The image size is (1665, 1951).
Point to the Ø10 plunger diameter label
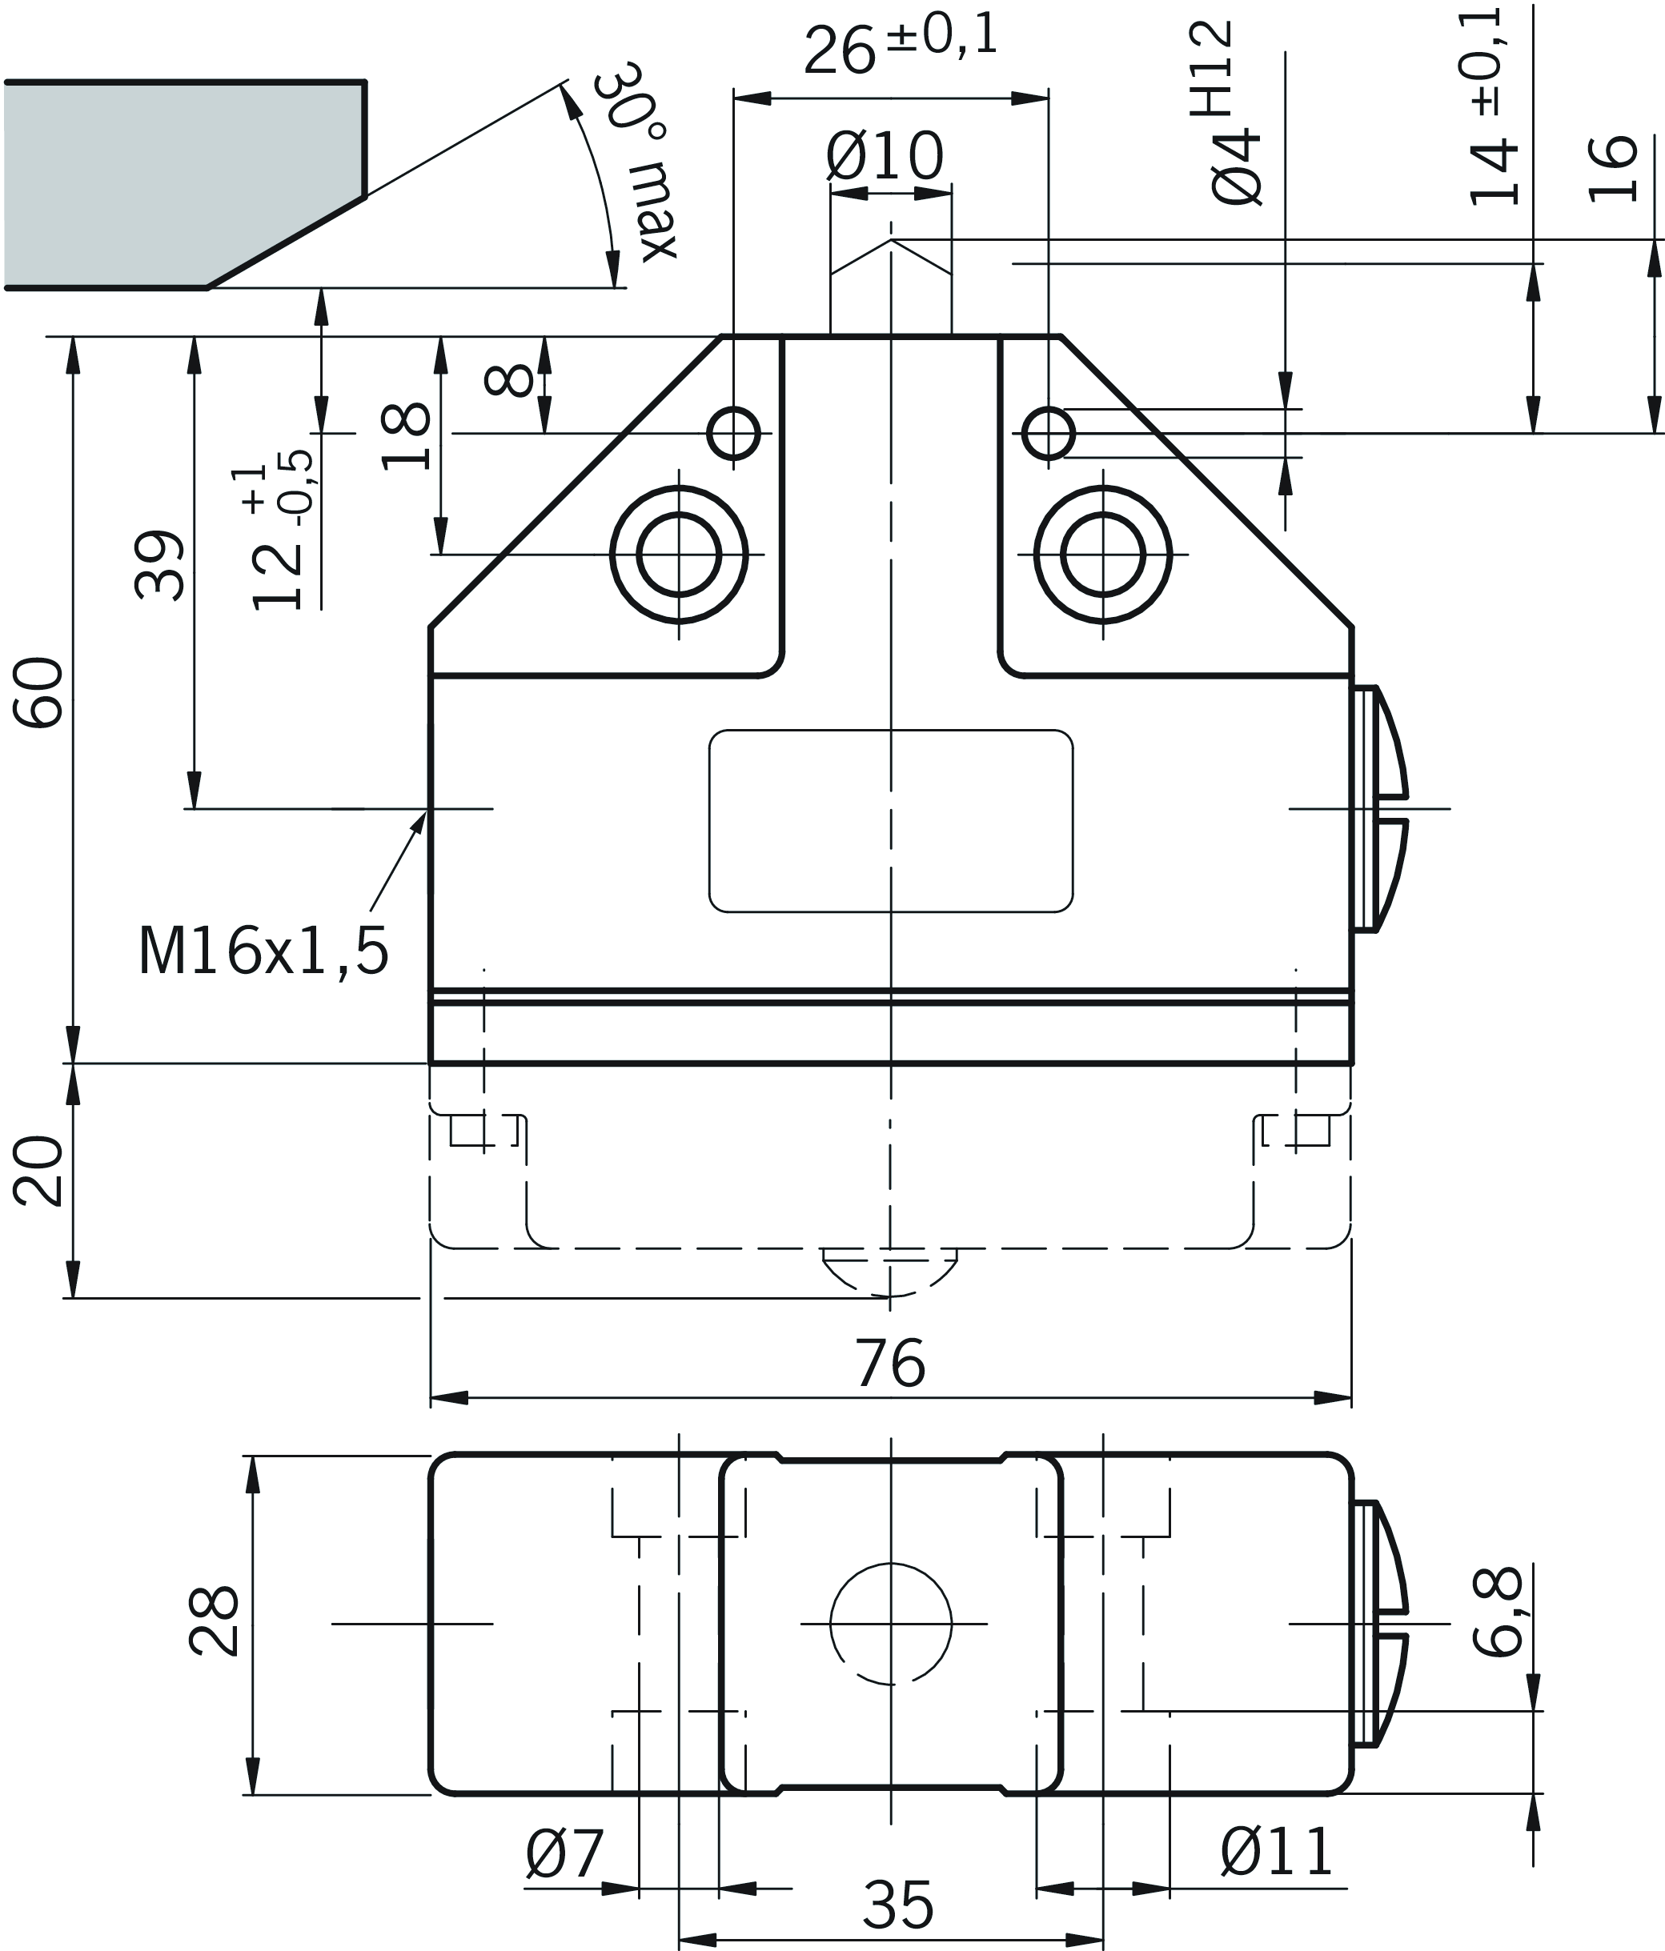[x=885, y=156]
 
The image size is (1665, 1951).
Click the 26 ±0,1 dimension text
[x=900, y=47]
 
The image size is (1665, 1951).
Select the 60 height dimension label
[x=39, y=692]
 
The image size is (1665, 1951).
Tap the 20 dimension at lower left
[x=39, y=1172]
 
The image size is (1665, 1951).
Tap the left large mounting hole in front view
[x=678, y=555]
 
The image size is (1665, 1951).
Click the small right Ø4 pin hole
[x=1048, y=433]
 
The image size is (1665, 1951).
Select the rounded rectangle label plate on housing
[x=890, y=821]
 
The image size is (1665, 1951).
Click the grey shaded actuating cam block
[x=179, y=183]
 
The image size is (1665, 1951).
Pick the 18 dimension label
[x=407, y=436]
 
